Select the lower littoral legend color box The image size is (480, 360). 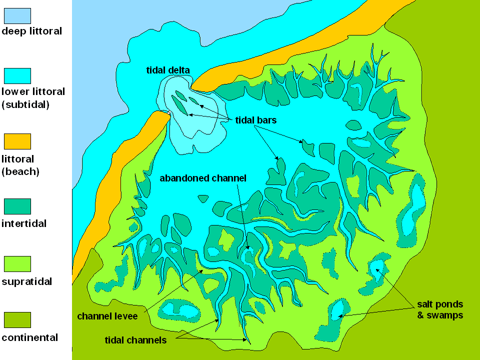(17, 76)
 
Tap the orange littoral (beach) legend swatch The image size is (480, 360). (17, 141)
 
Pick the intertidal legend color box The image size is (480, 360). (17, 206)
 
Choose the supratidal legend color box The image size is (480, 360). (17, 263)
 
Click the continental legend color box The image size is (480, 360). (17, 320)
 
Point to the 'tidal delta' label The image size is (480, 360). (167, 70)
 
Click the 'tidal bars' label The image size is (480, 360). (255, 120)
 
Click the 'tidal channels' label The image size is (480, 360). (135, 340)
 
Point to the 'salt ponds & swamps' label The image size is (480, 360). (440, 309)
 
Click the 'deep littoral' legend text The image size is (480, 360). (32, 31)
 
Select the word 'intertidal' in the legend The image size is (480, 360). (24, 223)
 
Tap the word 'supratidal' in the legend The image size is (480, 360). (27, 281)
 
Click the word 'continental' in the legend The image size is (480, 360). (29, 337)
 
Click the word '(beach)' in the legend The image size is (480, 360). (20, 171)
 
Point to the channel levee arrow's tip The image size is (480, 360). (203, 270)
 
